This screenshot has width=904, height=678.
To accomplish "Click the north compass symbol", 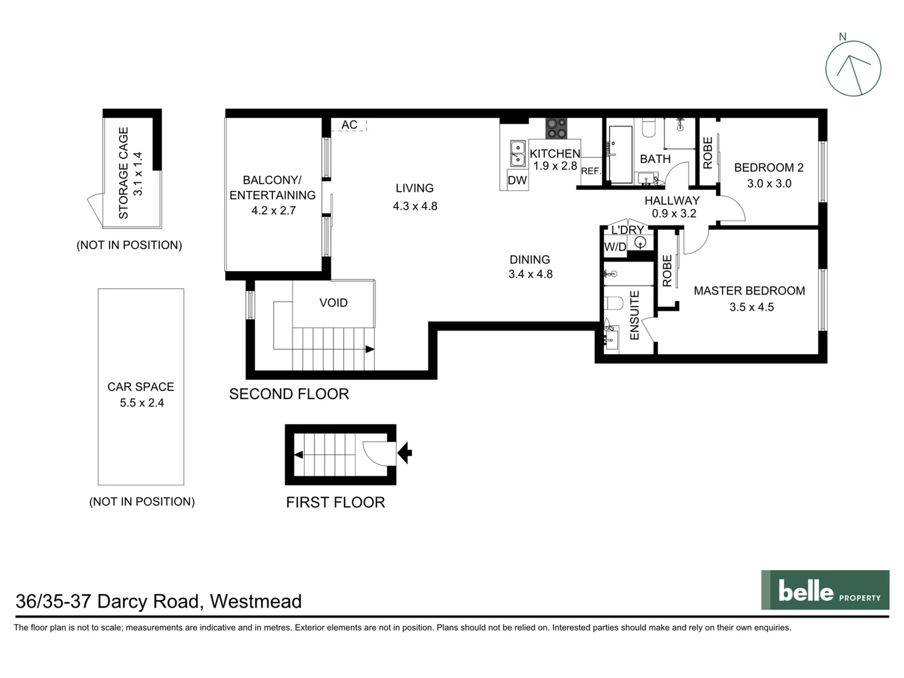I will pos(853,68).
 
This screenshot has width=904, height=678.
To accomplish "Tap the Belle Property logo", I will pos(825,590).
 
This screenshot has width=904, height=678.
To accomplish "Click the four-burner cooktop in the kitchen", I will pos(556,128).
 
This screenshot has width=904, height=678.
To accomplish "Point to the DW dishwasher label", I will pos(517,181).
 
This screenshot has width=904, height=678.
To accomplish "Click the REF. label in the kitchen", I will pos(591,171).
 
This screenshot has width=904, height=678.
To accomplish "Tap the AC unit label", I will pos(350,125).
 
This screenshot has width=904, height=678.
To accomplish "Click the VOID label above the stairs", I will pos(333,303).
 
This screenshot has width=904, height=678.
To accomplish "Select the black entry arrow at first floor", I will pos(405,452).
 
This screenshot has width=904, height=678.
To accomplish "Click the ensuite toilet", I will pos(615,303).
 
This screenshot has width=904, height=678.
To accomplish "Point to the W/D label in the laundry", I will pos(615,247).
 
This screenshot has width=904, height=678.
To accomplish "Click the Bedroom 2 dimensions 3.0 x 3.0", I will pos(769,183).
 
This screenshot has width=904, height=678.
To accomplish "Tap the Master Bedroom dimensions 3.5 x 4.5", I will pos(751,307).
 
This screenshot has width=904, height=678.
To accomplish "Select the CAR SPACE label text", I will pos(141,387).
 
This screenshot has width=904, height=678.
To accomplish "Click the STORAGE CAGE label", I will pos(124,173).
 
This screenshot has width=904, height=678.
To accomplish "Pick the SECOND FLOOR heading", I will pos(289,394).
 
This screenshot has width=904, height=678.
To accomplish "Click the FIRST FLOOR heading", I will pos(335,502).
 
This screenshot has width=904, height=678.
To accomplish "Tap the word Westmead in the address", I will pos(256,601).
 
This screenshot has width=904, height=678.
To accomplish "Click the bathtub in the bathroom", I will pos(620,154).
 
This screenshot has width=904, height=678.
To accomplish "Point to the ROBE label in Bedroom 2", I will pos(708,153).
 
